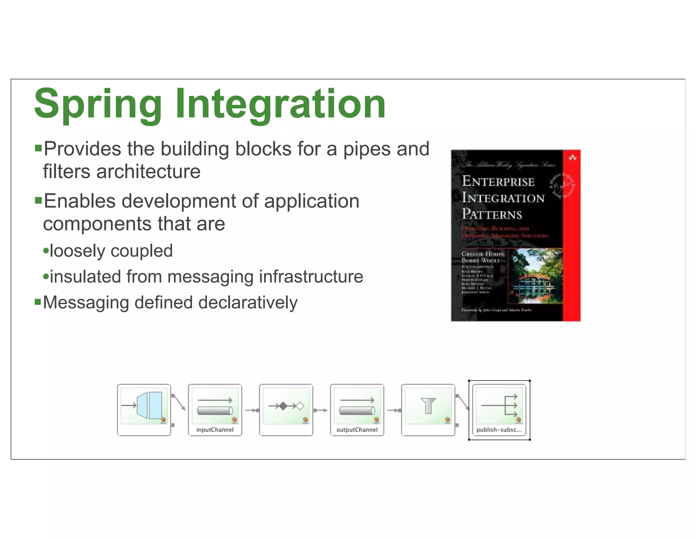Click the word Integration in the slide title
280,104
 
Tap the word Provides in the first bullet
83,149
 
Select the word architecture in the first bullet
149,171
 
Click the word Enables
80,201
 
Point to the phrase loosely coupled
111,251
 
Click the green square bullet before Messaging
38,302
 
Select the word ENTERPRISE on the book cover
498,182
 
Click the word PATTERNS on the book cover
492,214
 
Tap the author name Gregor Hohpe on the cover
483,254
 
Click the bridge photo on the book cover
535,276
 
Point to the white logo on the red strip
572,157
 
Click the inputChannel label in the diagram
215,430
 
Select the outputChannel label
357,430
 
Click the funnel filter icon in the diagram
428,405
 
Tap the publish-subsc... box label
499,430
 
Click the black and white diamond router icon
286,406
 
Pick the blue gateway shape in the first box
150,405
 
